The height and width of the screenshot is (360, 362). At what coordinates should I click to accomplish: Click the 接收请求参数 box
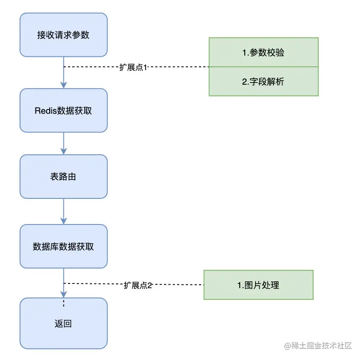[x=63, y=35]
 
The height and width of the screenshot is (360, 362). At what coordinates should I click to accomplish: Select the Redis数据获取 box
[x=63, y=110]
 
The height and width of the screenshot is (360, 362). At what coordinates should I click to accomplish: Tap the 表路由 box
[x=63, y=176]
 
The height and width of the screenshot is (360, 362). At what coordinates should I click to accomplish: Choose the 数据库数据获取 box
[x=63, y=247]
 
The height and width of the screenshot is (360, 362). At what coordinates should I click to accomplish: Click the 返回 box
[x=63, y=324]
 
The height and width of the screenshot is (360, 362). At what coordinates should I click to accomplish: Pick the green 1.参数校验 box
[x=263, y=53]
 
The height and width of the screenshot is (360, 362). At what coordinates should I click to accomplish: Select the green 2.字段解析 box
[x=263, y=81]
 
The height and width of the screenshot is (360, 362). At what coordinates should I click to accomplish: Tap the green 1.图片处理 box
[x=258, y=285]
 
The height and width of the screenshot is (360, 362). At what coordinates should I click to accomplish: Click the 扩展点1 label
[x=133, y=68]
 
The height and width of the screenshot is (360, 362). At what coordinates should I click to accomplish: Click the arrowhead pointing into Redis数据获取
[x=64, y=85]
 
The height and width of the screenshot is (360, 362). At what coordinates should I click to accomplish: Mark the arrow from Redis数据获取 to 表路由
[x=64, y=143]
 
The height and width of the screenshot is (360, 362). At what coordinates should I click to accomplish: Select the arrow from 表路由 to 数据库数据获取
[x=64, y=211]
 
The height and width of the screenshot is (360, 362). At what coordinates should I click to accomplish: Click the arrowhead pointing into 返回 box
[x=64, y=294]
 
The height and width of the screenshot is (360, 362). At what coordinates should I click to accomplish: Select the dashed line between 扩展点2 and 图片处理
[x=178, y=285]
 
